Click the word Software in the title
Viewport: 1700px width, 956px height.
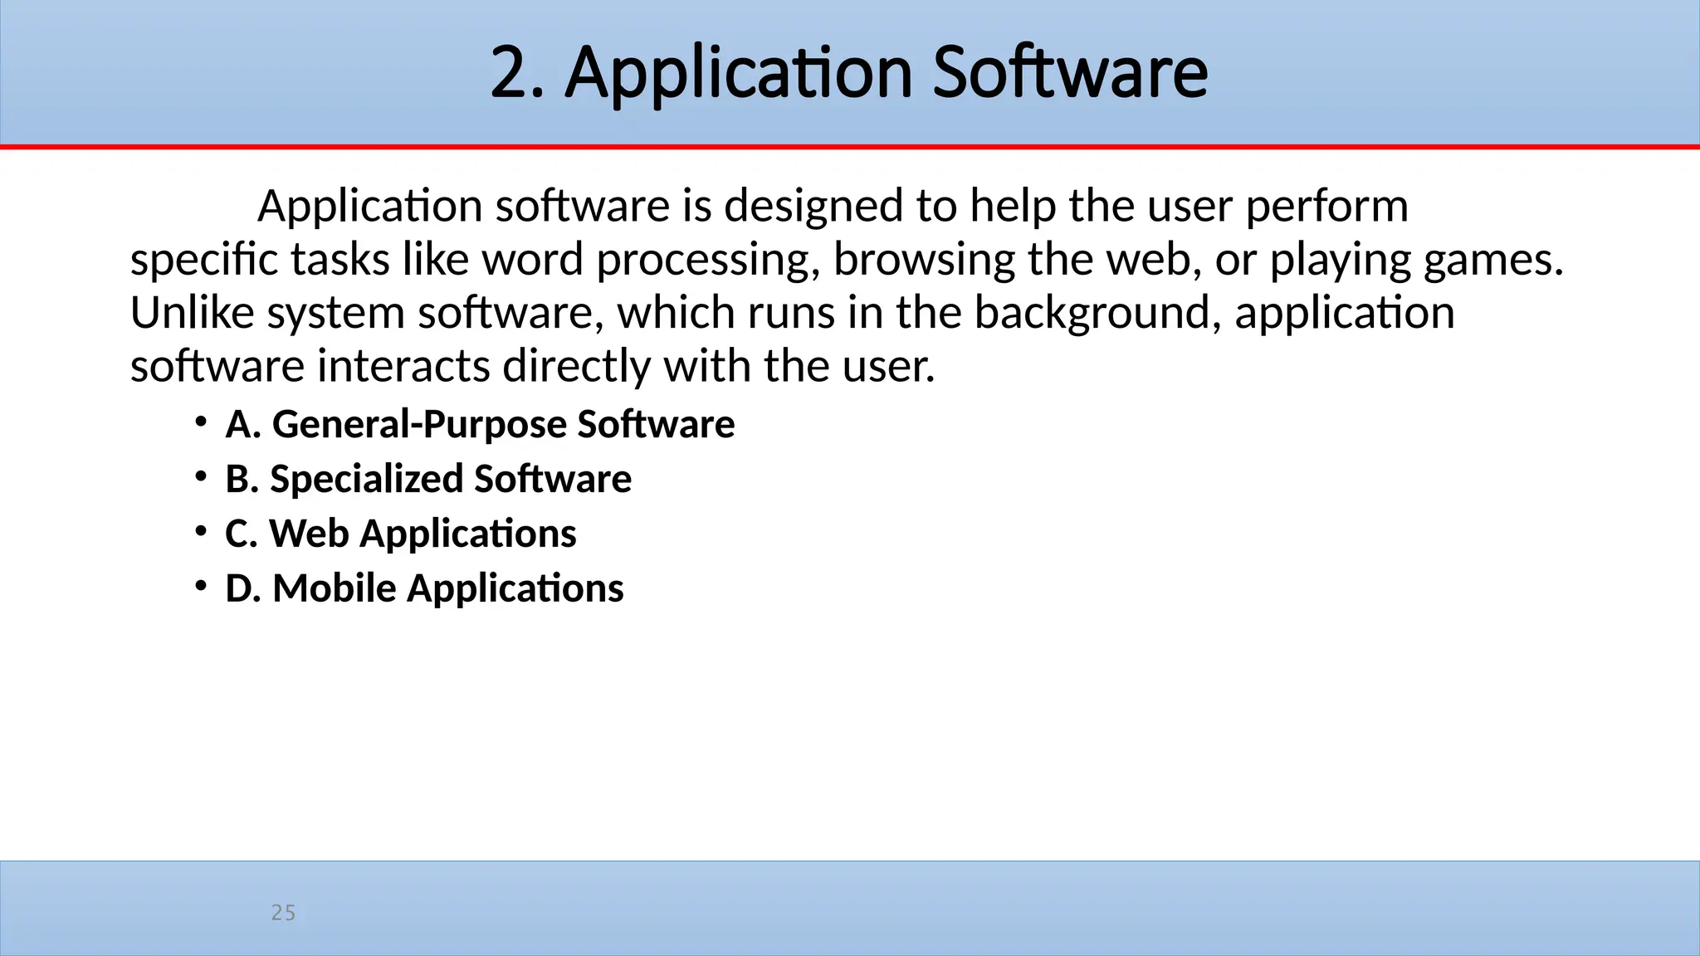1070,73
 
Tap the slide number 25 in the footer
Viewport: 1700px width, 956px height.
283,913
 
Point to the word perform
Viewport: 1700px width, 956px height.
1326,206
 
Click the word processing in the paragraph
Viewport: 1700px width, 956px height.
702,260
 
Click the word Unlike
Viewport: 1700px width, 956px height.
192,313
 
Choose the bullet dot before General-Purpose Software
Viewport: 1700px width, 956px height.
201,422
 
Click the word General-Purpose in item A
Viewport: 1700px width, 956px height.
419,424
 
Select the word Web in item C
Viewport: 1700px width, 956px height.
309,533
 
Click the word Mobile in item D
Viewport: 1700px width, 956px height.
335,588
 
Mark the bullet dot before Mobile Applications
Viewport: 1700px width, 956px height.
201,586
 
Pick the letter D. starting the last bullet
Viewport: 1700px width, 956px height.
242,588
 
